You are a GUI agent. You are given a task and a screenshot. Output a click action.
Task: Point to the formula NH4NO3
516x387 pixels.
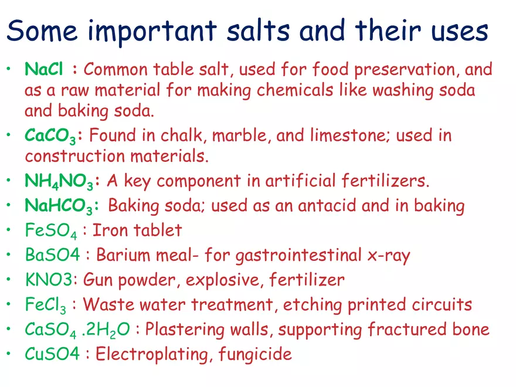(x=59, y=182)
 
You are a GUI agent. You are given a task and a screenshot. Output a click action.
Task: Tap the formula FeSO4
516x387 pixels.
(x=50, y=231)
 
